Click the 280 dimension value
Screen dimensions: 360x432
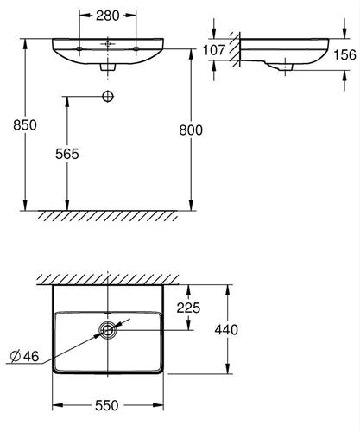107,16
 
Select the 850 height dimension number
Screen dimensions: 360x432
25,125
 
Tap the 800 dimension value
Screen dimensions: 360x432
191,130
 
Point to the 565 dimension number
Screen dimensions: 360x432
67,154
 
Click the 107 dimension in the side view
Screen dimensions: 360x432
214,50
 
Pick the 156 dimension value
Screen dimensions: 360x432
344,54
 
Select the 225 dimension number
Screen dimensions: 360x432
188,308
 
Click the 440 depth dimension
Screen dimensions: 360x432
226,330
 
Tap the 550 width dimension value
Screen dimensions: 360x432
107,406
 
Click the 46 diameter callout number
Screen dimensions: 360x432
31,357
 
